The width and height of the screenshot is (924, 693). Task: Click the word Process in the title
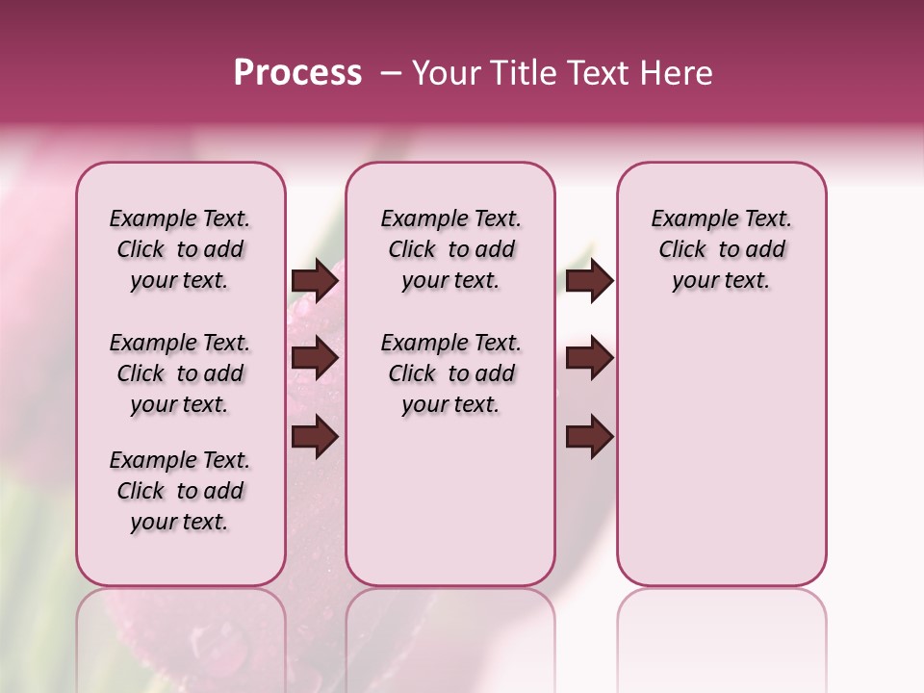(297, 73)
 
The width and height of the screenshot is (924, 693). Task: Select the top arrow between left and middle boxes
(315, 280)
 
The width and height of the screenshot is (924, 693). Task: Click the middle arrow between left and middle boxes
(315, 358)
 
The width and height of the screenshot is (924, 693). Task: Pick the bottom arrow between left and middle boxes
(315, 437)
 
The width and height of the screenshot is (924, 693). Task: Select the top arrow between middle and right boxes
(589, 280)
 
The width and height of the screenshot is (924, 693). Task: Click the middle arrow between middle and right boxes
(589, 358)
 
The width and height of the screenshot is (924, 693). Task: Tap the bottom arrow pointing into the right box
(589, 437)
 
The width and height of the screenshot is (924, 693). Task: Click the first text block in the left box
(180, 249)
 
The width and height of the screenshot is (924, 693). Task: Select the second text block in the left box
(180, 373)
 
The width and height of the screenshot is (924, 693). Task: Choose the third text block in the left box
(180, 491)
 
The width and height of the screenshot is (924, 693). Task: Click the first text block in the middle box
(450, 249)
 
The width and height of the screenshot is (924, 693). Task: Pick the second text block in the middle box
(450, 373)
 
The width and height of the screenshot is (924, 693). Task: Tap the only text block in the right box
(721, 249)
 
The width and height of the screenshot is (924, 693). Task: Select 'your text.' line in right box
(721, 281)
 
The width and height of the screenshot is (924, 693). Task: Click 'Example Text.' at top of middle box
(450, 218)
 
